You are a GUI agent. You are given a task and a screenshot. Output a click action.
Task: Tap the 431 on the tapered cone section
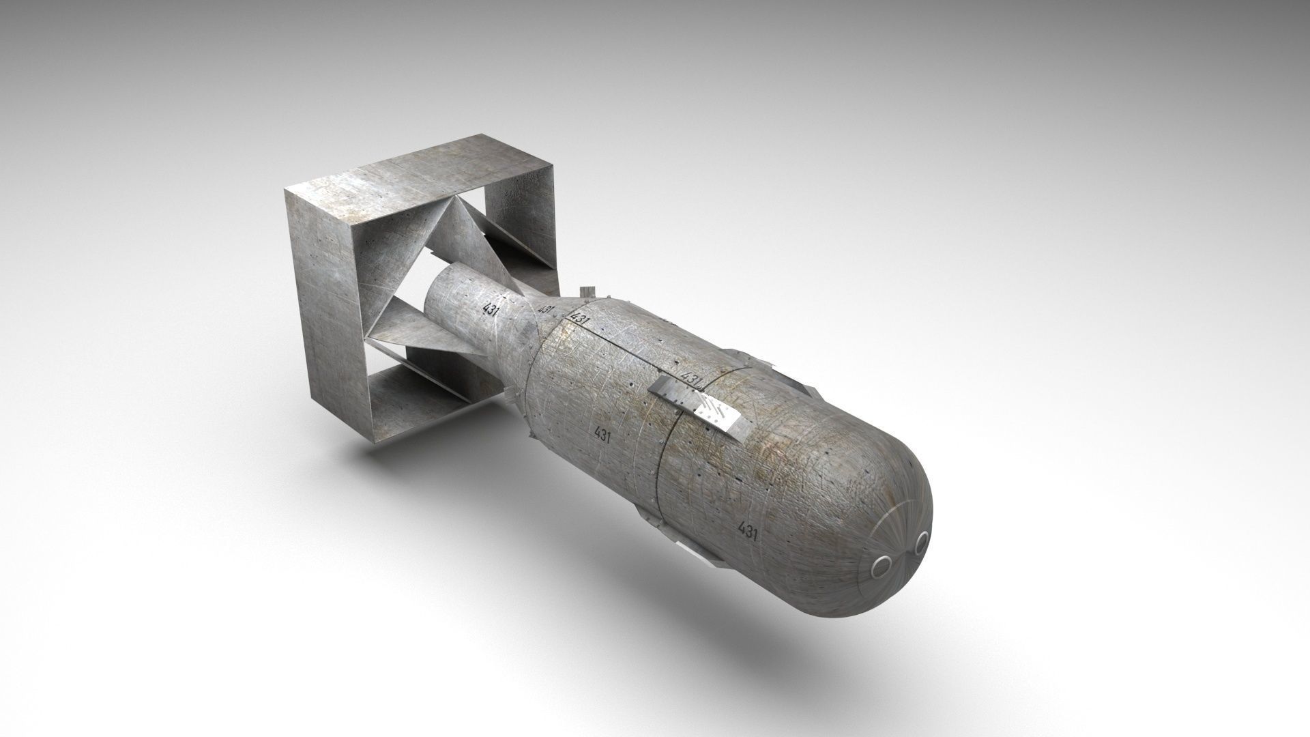(545, 311)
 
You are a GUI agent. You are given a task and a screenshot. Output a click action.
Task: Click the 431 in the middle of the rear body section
(602, 435)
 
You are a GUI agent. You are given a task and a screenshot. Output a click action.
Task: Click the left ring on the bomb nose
(884, 564)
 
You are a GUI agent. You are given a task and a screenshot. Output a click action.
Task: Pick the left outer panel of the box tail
(323, 307)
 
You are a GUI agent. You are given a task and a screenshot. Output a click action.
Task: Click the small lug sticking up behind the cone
(584, 292)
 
